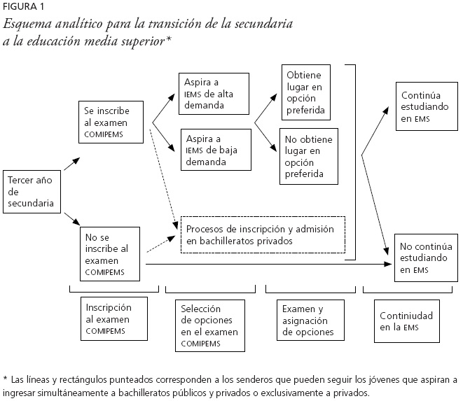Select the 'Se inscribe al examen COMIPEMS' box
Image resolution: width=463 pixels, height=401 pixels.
click(111, 121)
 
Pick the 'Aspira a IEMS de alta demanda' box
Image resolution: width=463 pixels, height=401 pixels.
click(214, 92)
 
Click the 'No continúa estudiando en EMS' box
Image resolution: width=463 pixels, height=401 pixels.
click(423, 257)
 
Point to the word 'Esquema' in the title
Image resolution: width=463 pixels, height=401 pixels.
click(27, 24)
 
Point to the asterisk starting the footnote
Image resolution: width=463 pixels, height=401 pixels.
click(6, 380)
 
